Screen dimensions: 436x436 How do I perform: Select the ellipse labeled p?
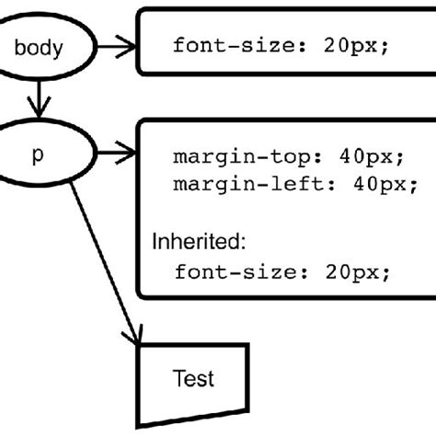[39, 155]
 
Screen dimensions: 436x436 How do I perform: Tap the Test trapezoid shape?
[192, 382]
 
